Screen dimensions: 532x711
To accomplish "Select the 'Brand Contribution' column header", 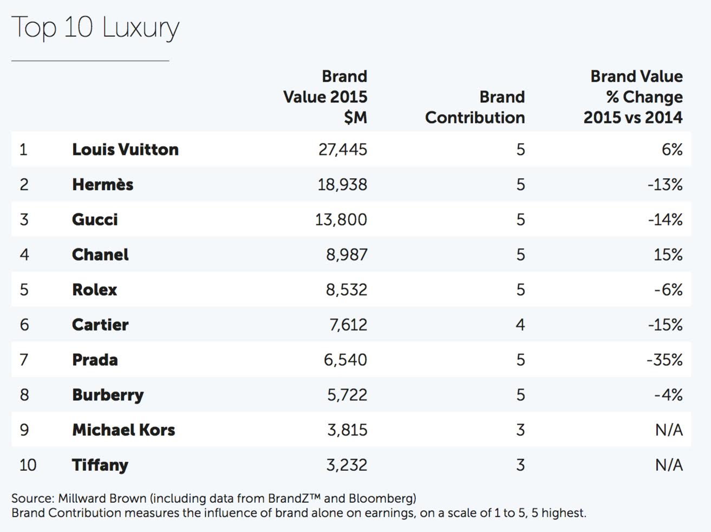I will pos(475,107).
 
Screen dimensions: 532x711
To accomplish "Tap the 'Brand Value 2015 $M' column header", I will pos(325,97).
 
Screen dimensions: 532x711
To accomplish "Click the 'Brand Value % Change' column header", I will pos(633,97).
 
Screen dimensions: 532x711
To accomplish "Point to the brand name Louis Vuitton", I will pos(125,150).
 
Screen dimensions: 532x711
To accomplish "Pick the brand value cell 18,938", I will pos(342,185).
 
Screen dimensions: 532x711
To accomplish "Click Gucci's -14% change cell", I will pos(665,220).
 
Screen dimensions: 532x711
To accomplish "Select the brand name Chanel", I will pos(100,255).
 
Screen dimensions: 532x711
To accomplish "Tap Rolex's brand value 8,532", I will pos(347,290).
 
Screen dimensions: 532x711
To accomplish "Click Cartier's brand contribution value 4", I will pos(520,325).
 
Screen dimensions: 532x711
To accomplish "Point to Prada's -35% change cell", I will pos(664,360).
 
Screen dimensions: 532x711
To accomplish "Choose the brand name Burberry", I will pos(108,395).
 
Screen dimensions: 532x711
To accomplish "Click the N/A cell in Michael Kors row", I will pos(669,430).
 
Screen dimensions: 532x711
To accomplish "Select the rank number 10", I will pos(28,465).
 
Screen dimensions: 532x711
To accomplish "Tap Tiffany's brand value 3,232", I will pos(347,465).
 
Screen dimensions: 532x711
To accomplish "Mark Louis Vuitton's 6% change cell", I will pos(672,150).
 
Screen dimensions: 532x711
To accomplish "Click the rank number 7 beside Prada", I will pos(24,360).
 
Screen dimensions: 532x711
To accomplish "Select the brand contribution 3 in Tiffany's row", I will pos(520,465).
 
